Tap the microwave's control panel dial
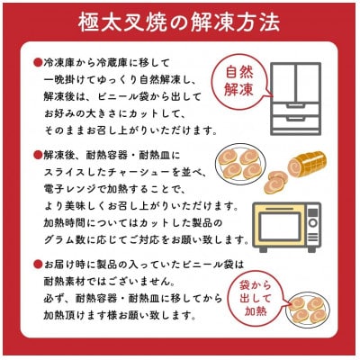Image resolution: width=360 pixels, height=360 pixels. click(x=311, y=222)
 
